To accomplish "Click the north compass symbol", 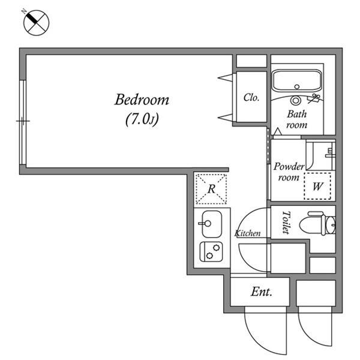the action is (x=36, y=23).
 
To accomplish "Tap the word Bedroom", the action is (x=142, y=100).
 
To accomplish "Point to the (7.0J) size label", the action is (x=142, y=119).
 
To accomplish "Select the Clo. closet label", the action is (x=251, y=98).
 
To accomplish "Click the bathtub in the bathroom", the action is (x=297, y=81).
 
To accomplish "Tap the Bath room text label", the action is (x=296, y=119).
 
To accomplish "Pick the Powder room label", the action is (x=289, y=172).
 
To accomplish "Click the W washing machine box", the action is (x=317, y=186).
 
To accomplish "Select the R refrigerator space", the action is (x=211, y=189).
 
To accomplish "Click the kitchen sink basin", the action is (x=212, y=224).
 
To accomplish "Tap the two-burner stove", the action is (x=211, y=251).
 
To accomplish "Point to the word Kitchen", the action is (x=247, y=233).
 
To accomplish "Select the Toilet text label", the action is (x=286, y=222).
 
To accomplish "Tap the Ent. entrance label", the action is (x=261, y=292).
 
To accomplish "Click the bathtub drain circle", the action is (x=297, y=87).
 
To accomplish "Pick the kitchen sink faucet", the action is (x=205, y=223).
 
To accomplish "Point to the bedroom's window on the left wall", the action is (x=23, y=122).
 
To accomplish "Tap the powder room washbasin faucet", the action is (x=330, y=154).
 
